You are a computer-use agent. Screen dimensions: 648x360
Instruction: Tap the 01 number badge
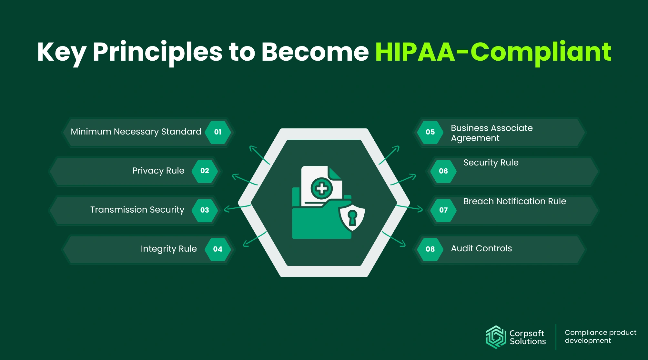click(218, 132)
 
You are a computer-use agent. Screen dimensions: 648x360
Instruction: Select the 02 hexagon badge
click(205, 171)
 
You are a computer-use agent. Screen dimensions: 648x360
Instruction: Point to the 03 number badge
click(205, 210)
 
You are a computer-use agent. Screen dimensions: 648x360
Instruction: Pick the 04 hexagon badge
click(218, 249)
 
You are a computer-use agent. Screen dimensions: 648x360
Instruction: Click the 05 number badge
click(430, 132)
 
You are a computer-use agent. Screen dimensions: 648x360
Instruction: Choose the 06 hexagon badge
click(443, 171)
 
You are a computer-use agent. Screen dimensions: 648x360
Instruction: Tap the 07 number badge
click(443, 210)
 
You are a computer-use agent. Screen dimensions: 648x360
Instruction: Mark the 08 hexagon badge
click(430, 249)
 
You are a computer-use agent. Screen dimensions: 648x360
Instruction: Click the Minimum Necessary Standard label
click(136, 132)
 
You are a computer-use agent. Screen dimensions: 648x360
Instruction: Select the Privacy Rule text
click(158, 171)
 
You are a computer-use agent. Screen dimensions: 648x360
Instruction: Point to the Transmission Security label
click(137, 210)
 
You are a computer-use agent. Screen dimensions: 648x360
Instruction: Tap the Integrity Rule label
click(168, 249)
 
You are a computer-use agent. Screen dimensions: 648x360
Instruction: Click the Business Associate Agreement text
click(491, 133)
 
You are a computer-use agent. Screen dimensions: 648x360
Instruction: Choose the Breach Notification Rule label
click(515, 201)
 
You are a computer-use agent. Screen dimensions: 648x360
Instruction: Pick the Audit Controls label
click(481, 248)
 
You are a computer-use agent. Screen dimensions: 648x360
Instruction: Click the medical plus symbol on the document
click(322, 188)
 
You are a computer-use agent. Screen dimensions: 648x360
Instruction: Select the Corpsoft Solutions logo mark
click(496, 337)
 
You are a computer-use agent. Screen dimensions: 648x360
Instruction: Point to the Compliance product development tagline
click(601, 336)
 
